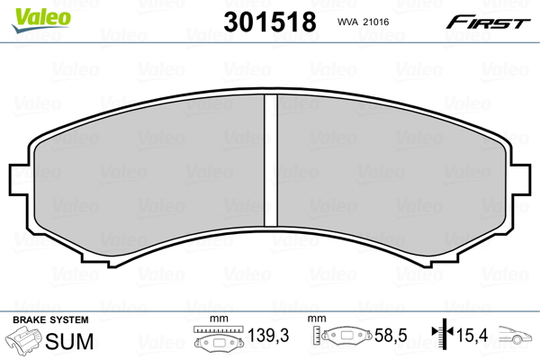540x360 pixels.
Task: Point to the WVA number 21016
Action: [x=383, y=22]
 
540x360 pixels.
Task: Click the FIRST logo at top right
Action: [x=489, y=21]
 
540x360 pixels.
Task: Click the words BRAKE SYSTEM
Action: [x=49, y=320]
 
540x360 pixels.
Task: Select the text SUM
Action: [x=69, y=340]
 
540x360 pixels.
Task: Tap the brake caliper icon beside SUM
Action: [x=25, y=341]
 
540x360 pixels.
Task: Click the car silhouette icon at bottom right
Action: [x=517, y=339]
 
